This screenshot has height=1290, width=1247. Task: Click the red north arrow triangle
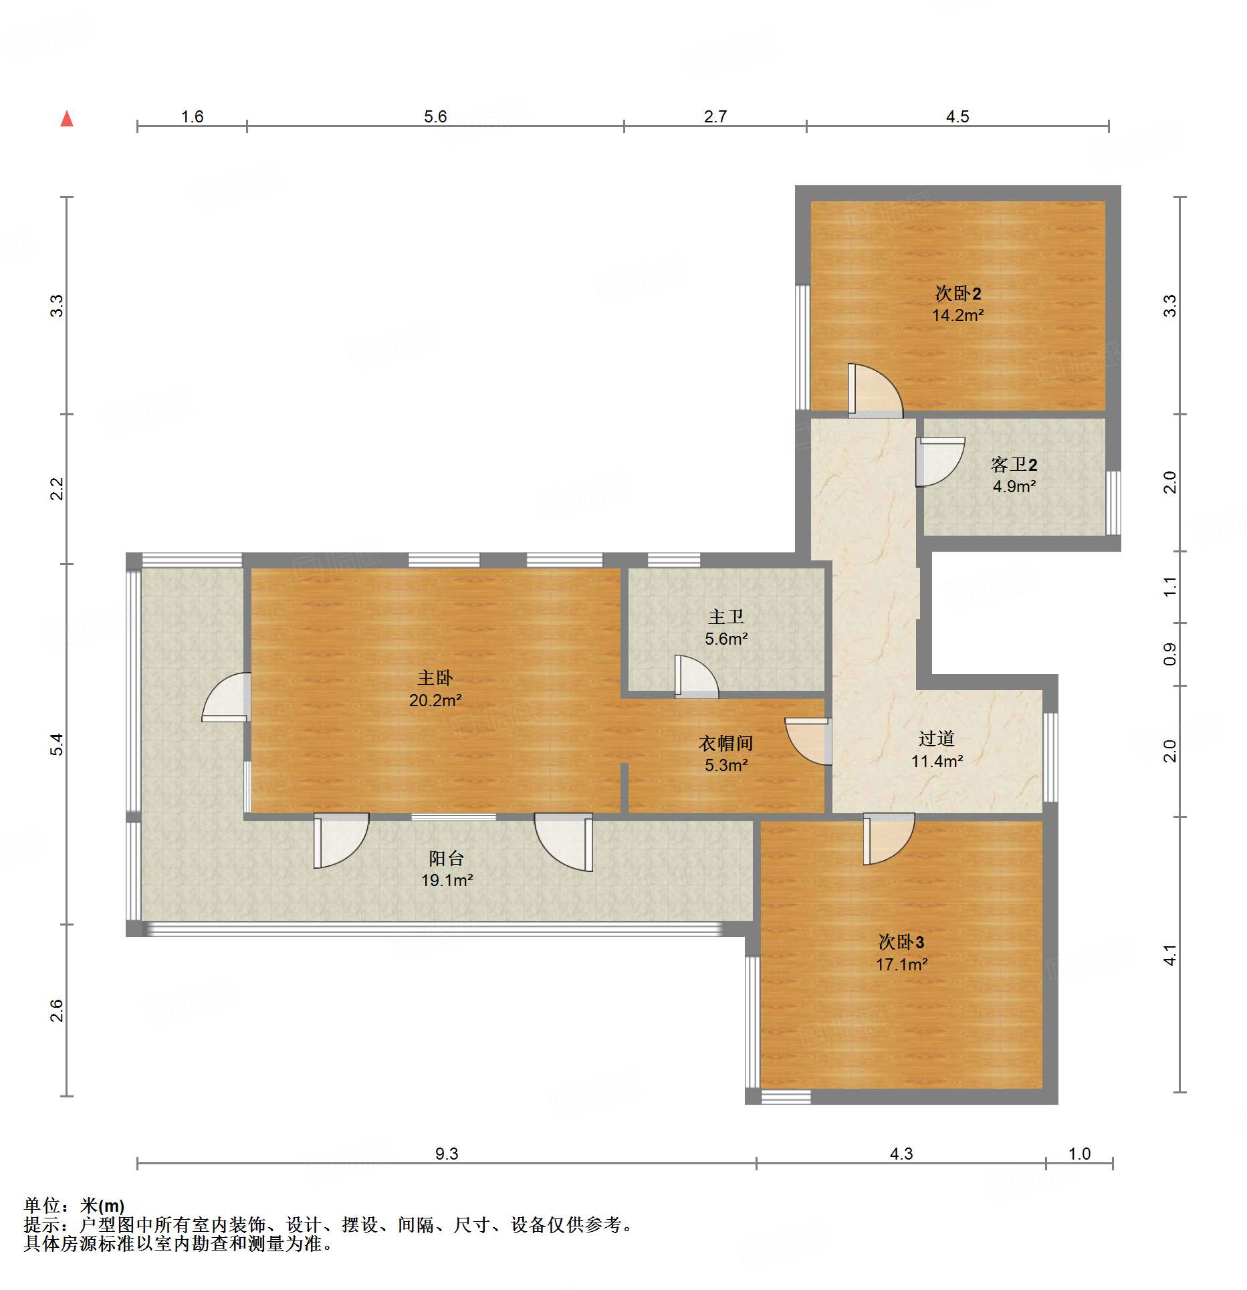[67, 119]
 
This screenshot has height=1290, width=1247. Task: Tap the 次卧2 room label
[957, 293]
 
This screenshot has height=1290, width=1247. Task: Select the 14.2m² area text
[957, 316]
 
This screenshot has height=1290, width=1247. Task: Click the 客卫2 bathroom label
[1014, 464]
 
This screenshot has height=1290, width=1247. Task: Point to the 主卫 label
[725, 617]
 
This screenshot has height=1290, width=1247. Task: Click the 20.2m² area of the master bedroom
[435, 700]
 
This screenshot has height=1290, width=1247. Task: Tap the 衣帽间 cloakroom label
[725, 743]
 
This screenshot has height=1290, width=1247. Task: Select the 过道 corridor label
[936, 738]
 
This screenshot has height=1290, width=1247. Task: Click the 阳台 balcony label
[446, 858]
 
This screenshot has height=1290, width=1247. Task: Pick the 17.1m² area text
[901, 964]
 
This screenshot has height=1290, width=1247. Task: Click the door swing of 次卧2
[875, 391]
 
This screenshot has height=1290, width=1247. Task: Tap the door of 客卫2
[940, 462]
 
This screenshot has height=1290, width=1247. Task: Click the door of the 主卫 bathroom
[697, 676]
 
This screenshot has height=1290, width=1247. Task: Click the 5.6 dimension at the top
[435, 117]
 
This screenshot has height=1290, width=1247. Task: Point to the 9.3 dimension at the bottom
[447, 1154]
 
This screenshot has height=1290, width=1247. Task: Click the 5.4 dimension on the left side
[58, 744]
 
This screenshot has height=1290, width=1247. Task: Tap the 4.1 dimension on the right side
[1169, 955]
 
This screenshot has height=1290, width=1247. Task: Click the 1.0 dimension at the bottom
[1079, 1154]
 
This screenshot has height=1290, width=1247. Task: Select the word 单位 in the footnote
[42, 1205]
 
